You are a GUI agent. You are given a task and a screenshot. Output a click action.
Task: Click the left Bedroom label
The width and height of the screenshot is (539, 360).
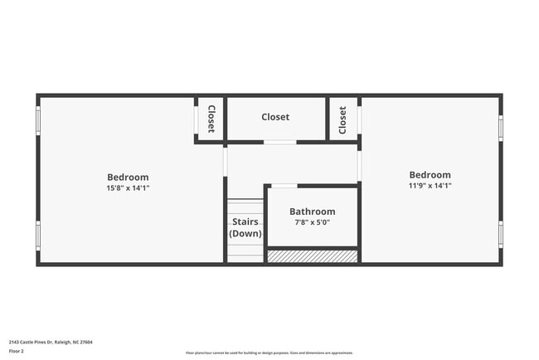pyautogui.click(x=128, y=177)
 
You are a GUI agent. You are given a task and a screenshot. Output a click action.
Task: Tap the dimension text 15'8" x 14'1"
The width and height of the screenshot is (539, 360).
pyautogui.click(x=128, y=188)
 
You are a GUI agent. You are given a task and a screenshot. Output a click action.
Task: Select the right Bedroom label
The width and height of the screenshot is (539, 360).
pyautogui.click(x=430, y=175)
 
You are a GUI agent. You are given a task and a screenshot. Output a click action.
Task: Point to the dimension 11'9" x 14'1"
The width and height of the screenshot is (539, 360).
pyautogui.click(x=430, y=187)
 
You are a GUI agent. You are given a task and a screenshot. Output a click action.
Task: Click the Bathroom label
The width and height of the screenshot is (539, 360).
pyautogui.click(x=313, y=212)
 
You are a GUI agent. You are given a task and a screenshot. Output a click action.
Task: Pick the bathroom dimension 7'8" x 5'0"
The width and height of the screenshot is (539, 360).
pyautogui.click(x=313, y=222)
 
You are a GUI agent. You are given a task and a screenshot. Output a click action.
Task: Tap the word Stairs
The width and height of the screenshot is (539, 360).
pyautogui.click(x=245, y=221)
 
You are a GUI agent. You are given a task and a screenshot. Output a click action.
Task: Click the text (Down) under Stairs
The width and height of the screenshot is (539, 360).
pyautogui.click(x=245, y=234)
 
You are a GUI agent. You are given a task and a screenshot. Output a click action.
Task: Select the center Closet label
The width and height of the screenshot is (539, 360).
pyautogui.click(x=275, y=117)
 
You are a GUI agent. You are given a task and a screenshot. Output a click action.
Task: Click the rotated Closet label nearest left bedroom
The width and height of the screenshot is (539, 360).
pyautogui.click(x=211, y=119)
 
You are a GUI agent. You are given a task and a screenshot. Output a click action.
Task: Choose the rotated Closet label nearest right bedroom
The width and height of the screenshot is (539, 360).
pyautogui.click(x=342, y=119)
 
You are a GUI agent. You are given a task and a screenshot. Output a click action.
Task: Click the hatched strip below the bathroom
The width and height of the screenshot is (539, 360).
pyautogui.click(x=312, y=257)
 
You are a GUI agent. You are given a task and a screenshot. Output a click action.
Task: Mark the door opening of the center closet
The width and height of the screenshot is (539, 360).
pyautogui.click(x=280, y=143)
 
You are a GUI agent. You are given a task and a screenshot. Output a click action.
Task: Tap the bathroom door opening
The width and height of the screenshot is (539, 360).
pyautogui.click(x=284, y=186)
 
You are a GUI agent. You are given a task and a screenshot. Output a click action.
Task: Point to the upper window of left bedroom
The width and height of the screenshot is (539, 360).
pyautogui.click(x=37, y=119)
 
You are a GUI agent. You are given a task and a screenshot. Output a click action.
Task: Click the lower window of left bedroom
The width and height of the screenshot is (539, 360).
pyautogui.click(x=37, y=235)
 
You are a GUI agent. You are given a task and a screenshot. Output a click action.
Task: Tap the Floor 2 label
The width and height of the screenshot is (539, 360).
pyautogui.click(x=17, y=352)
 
